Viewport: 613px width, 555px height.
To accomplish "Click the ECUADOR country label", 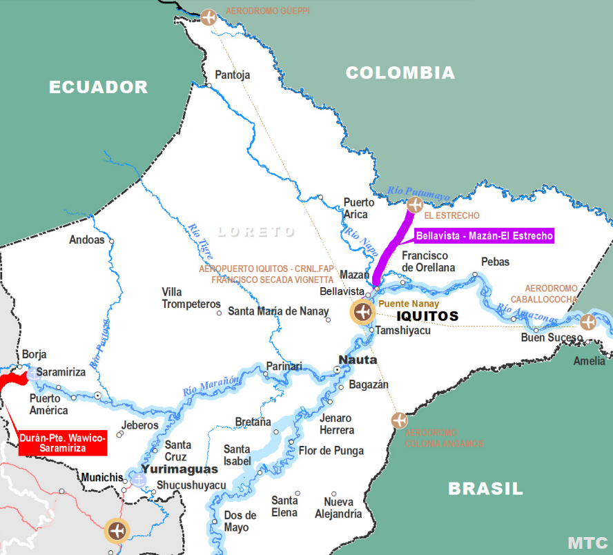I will click(98, 87).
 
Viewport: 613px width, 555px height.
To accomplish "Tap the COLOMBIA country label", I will click(400, 72).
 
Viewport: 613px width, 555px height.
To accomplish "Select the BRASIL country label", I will click(485, 489).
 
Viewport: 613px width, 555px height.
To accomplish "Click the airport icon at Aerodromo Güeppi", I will click(208, 17).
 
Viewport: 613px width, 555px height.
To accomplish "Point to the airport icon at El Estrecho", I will click(415, 204).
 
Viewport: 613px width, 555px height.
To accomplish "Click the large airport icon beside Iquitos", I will click(362, 312).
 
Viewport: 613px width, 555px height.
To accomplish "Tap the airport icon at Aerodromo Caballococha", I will click(587, 322).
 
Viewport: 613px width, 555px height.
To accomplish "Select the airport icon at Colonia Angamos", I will click(399, 420).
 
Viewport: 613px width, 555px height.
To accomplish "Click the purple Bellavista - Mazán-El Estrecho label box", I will click(484, 235).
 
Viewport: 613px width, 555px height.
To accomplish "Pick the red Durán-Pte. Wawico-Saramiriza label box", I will click(63, 443).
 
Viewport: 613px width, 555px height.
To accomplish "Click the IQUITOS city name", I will click(427, 316).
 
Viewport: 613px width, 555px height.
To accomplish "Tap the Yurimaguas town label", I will click(179, 469).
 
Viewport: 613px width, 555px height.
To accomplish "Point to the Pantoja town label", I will click(233, 75).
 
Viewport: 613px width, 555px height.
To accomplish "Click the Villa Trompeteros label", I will click(191, 298).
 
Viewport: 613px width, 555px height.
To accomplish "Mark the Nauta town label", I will click(358, 360).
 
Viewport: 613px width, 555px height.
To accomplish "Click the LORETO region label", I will click(256, 232).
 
